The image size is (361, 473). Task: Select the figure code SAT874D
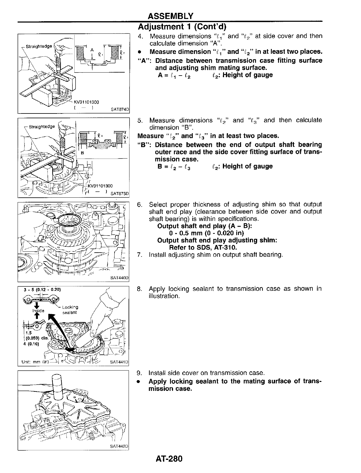click(x=119, y=110)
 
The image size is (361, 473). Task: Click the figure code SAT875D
click(x=119, y=193)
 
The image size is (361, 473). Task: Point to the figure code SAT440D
click(x=119, y=278)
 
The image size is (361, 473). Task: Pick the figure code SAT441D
click(x=119, y=362)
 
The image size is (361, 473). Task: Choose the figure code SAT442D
click(x=119, y=446)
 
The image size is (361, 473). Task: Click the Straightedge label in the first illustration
click(x=38, y=46)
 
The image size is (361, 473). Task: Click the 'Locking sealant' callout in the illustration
click(x=70, y=310)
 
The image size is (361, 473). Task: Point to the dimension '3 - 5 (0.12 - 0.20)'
click(x=42, y=289)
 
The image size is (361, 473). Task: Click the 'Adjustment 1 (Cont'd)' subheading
click(x=182, y=27)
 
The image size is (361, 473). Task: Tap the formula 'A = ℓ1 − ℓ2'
click(x=175, y=75)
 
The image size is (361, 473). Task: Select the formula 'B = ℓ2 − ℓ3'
click(x=174, y=167)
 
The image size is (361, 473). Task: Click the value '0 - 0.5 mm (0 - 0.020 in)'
click(x=206, y=233)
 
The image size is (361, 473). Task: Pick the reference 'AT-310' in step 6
click(x=226, y=248)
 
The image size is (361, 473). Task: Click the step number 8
click(x=139, y=289)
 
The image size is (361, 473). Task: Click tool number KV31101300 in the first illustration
click(x=86, y=102)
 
